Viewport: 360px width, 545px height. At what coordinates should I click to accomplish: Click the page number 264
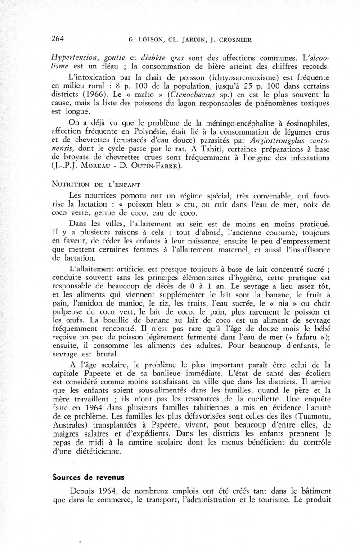tap(57, 38)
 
